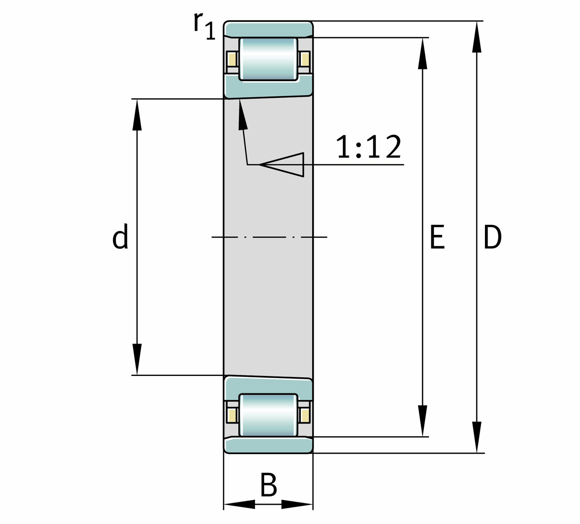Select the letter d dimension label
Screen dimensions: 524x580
(120, 237)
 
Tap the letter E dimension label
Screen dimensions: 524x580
(437, 237)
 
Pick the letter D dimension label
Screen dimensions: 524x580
(493, 237)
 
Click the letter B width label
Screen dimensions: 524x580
(269, 485)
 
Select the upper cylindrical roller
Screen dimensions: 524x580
(269, 59)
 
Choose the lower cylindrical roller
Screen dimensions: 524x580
(269, 415)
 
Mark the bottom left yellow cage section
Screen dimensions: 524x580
(232, 415)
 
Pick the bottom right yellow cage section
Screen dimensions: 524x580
(305, 415)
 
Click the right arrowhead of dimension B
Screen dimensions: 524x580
(297, 504)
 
